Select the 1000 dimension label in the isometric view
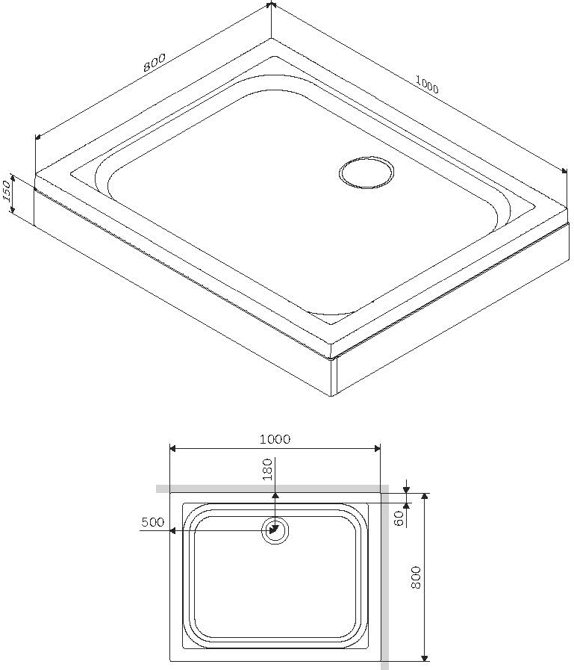[x=427, y=85]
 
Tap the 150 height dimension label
[x=7, y=192]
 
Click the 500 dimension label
[x=152, y=523]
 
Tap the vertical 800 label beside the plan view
[x=417, y=577]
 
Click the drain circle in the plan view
[x=275, y=531]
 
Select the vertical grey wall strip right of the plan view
[x=385, y=579]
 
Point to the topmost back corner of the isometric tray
[x=271, y=35]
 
